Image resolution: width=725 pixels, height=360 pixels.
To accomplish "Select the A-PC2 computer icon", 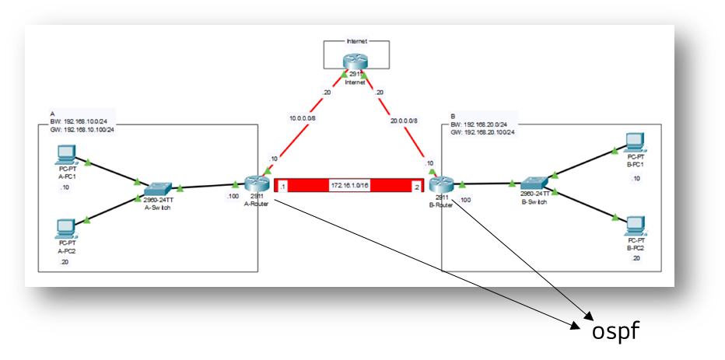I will click(65, 227).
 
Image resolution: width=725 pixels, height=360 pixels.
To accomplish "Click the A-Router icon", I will click(254, 183).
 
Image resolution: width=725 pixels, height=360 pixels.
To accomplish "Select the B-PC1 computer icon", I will click(636, 142).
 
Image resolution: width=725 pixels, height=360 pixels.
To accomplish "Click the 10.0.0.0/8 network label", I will click(302, 120).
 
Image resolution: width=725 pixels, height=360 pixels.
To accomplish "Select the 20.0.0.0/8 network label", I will click(401, 121).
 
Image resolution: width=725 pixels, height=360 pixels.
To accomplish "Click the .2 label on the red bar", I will click(416, 187).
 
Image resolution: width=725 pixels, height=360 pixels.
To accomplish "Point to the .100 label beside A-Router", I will click(233, 196).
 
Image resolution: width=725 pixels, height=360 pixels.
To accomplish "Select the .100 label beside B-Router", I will click(464, 201).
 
